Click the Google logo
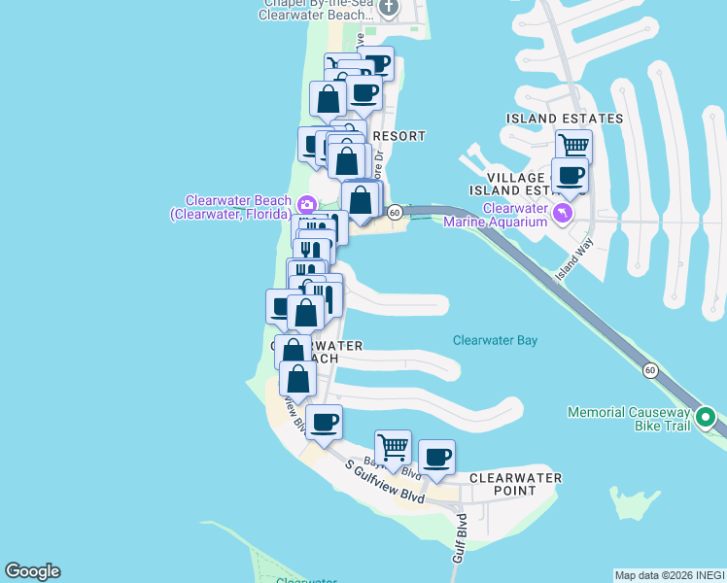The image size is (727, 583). tap(32, 571)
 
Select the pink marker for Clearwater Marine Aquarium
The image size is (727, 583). tap(562, 212)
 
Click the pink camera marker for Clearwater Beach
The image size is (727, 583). tap(306, 203)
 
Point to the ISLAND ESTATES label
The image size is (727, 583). tap(564, 119)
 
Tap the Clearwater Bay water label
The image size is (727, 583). tap(495, 341)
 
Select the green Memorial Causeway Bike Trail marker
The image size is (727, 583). tap(707, 421)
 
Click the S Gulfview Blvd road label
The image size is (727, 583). tap(386, 481)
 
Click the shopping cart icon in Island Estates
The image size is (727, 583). tap(573, 146)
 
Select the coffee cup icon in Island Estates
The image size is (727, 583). tap(570, 175)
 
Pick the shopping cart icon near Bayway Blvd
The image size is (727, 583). tap(393, 447)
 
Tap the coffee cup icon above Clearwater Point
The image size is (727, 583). tap(436, 457)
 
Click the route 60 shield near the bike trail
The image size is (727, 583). tap(650, 370)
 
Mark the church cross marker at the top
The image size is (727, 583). tap(389, 8)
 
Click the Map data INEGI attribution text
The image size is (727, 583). tap(670, 575)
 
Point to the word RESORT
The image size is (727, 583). tap(398, 136)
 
